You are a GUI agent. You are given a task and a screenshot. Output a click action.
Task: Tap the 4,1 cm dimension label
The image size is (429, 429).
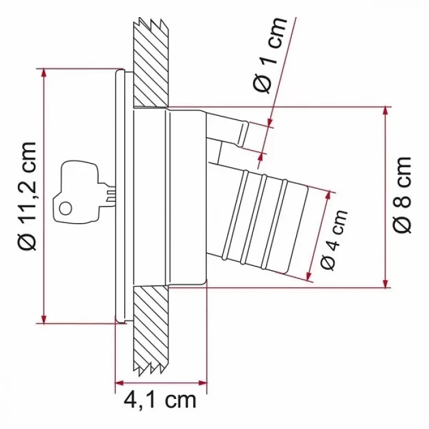pos(160,401)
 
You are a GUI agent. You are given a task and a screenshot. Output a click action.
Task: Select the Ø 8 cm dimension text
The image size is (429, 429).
pos(403,195)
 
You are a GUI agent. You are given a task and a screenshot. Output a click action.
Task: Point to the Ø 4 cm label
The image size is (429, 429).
pos(333,240)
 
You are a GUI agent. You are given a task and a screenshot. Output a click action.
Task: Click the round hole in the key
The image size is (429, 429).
pos(66,208)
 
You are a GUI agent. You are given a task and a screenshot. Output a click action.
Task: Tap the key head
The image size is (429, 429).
pos(76,191)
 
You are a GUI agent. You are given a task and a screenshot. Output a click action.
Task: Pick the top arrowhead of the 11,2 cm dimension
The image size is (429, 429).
pos(44,74)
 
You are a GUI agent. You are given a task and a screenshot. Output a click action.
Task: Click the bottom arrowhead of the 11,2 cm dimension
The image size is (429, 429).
pos(44,318)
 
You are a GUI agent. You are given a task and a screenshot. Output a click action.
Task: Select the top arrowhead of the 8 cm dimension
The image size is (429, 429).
pos(385,112)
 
